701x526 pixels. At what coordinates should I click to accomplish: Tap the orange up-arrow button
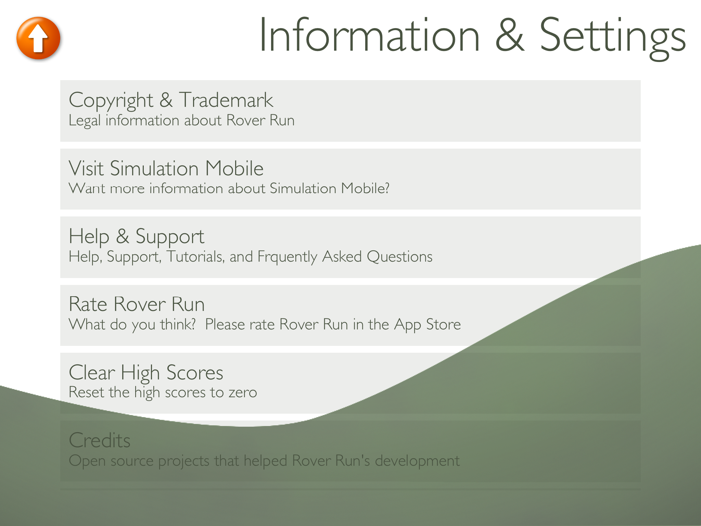[38, 38]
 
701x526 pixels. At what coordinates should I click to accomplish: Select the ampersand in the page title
[510, 35]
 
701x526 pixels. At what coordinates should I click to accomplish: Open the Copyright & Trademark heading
[171, 101]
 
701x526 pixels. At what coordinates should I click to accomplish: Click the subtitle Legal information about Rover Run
[181, 121]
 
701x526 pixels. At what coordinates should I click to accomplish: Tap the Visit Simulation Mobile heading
[166, 168]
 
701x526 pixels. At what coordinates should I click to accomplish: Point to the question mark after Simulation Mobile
[386, 188]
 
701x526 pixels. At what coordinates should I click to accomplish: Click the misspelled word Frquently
[288, 257]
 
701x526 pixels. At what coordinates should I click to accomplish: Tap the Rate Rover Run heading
[137, 304]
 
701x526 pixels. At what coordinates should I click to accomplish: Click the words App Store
[428, 325]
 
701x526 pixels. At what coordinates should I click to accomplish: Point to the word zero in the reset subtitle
[243, 392]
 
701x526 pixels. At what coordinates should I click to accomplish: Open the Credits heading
[100, 440]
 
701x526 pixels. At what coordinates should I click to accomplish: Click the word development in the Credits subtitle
[417, 461]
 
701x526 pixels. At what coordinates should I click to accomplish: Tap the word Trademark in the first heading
[226, 100]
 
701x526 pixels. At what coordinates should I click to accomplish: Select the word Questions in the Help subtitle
[400, 256]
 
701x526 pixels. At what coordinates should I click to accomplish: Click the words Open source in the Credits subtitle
[111, 461]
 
